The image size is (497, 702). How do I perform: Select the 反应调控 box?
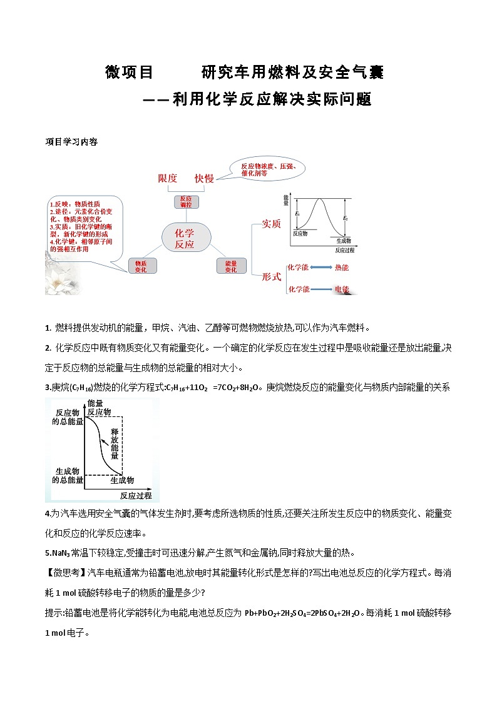pyautogui.click(x=186, y=201)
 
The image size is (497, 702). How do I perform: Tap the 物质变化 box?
pyautogui.click(x=141, y=266)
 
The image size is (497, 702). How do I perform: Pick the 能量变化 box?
pyautogui.click(x=230, y=266)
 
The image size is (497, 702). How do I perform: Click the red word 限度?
pyautogui.click(x=168, y=178)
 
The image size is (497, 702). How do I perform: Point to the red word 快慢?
pyautogui.click(x=204, y=178)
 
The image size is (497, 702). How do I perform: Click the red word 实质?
pyautogui.click(x=271, y=223)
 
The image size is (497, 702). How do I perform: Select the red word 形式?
pyautogui.click(x=271, y=275)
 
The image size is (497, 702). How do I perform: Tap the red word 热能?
pyautogui.click(x=342, y=268)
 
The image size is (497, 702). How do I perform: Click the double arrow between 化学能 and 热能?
pyautogui.click(x=321, y=268)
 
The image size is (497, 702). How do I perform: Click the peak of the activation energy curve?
pyautogui.click(x=321, y=199)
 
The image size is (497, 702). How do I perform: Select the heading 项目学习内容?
pyautogui.click(x=71, y=142)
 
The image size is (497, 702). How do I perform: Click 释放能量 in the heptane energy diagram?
pyautogui.click(x=115, y=444)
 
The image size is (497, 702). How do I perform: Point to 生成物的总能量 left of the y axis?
pyautogui.click(x=67, y=475)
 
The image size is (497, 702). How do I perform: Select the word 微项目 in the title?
pyautogui.click(x=130, y=73)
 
